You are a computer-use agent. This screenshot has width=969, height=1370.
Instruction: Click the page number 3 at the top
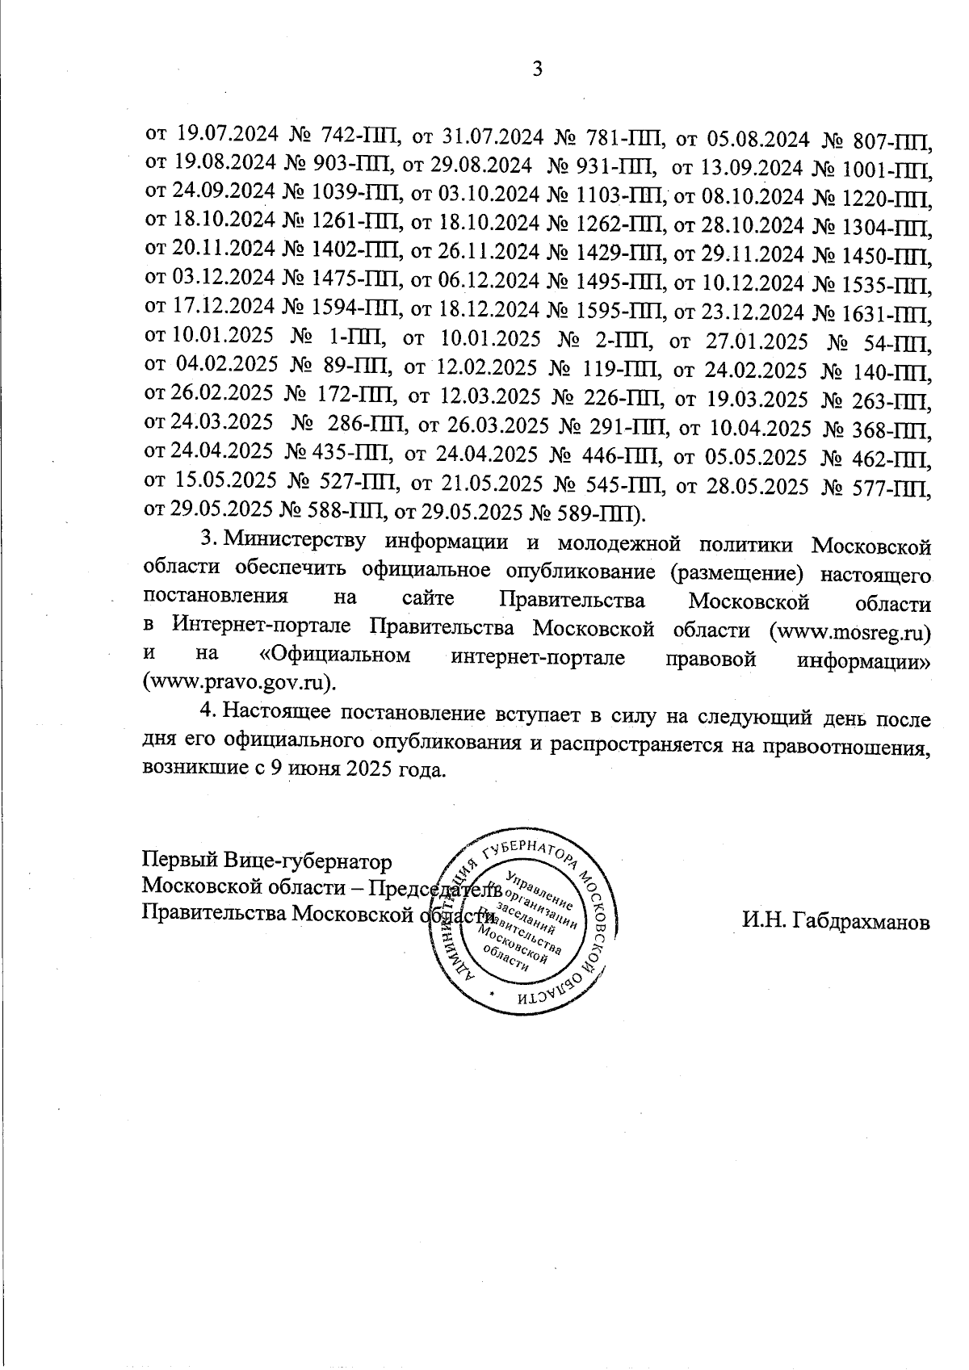(537, 69)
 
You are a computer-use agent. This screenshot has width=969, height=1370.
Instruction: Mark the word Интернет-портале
(264, 629)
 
